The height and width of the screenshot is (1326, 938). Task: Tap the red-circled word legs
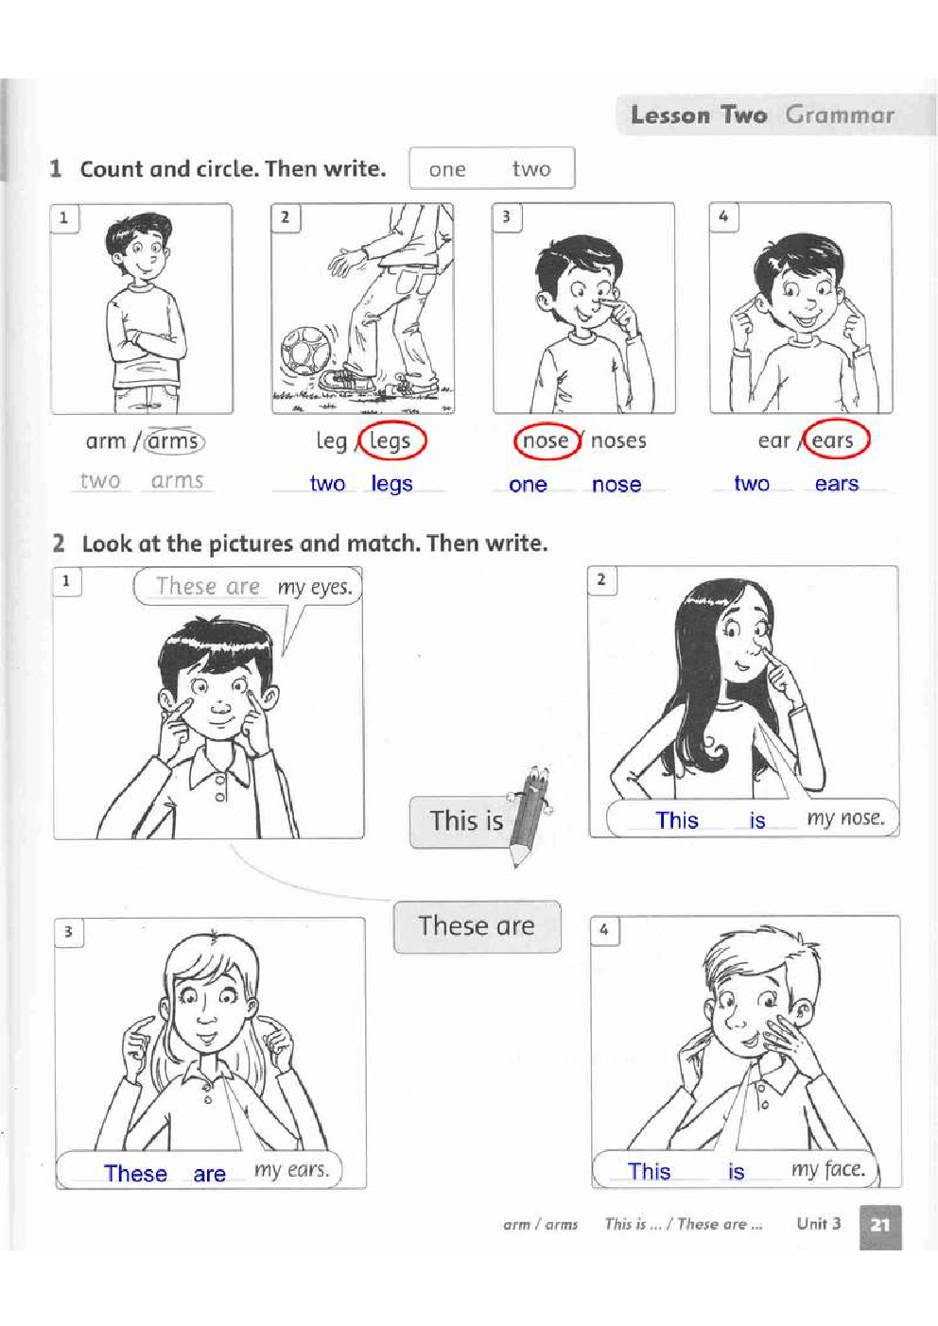pyautogui.click(x=390, y=441)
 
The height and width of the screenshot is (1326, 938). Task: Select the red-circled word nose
pyautogui.click(x=546, y=440)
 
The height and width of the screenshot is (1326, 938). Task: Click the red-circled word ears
pyautogui.click(x=832, y=440)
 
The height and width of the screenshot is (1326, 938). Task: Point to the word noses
pyautogui.click(x=618, y=440)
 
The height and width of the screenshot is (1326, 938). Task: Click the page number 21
pyautogui.click(x=880, y=1224)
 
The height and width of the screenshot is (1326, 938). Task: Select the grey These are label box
pyautogui.click(x=478, y=926)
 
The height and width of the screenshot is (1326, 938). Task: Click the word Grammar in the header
pyautogui.click(x=840, y=115)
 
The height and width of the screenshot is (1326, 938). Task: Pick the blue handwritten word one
pyautogui.click(x=528, y=484)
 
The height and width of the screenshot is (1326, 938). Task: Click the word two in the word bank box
pyautogui.click(x=531, y=169)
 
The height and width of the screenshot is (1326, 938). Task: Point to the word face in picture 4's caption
pyautogui.click(x=845, y=1169)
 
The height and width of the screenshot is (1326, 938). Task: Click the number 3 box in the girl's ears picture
pyautogui.click(x=68, y=932)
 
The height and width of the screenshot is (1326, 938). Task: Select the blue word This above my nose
pyautogui.click(x=677, y=820)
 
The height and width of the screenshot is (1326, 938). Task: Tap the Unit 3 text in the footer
pyautogui.click(x=818, y=1224)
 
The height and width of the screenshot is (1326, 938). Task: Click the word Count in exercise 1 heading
pyautogui.click(x=112, y=169)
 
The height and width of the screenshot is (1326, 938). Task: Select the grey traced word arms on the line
pyautogui.click(x=177, y=481)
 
